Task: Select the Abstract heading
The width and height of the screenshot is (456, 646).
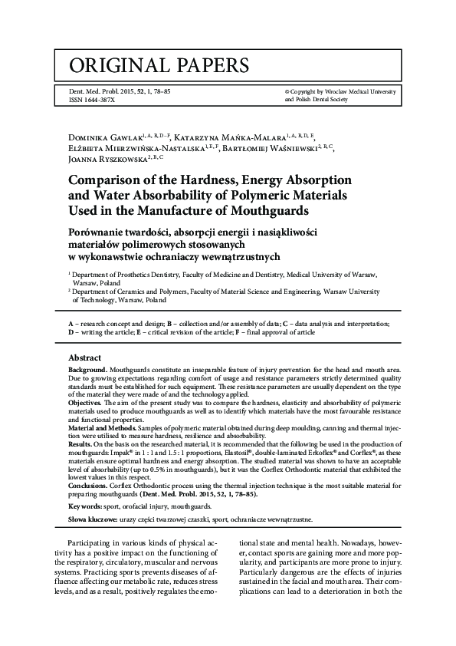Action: pyautogui.click(x=84, y=358)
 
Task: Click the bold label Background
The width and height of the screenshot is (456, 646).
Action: pyautogui.click(x=88, y=370)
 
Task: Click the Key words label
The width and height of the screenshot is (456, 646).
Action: pyautogui.click(x=87, y=507)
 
